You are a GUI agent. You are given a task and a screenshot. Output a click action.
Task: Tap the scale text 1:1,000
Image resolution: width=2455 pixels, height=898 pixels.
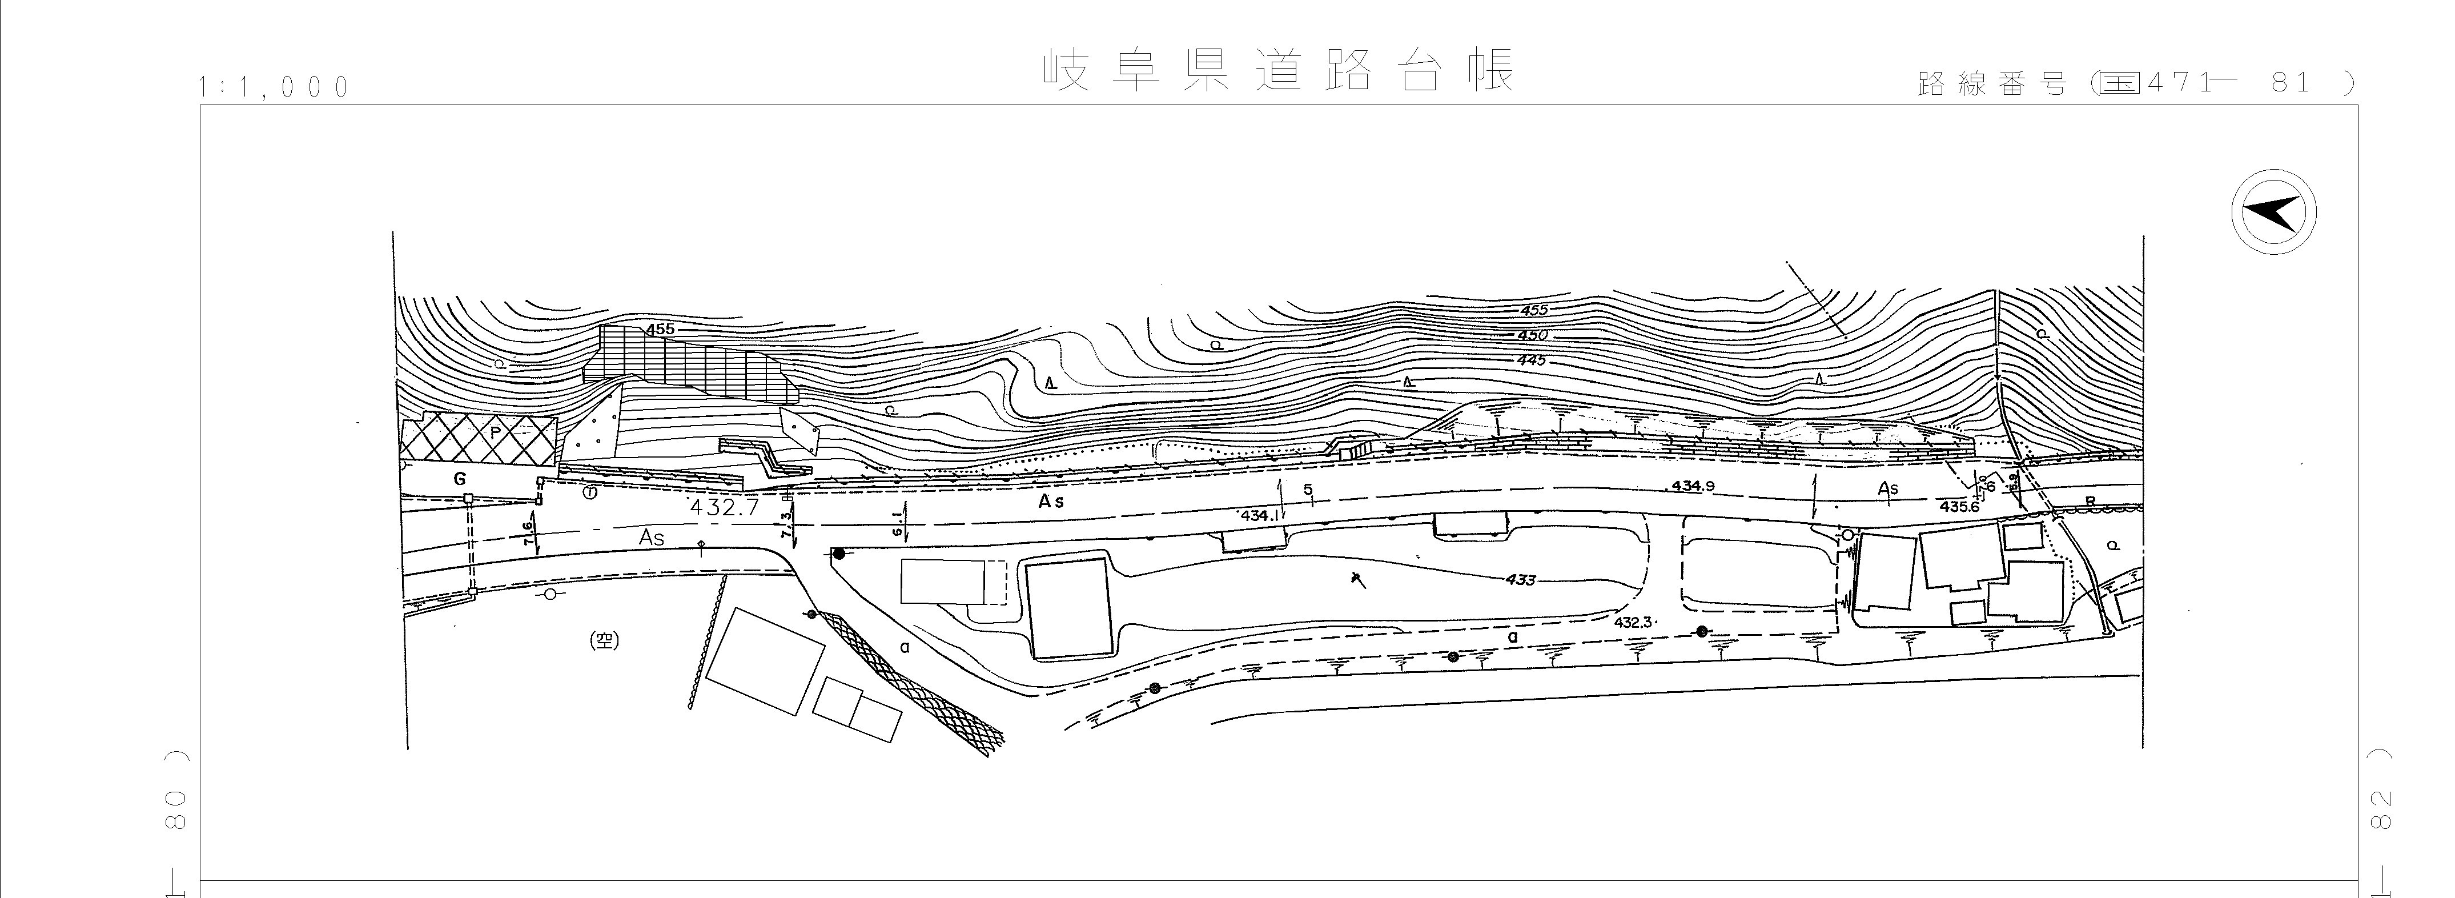click(x=275, y=88)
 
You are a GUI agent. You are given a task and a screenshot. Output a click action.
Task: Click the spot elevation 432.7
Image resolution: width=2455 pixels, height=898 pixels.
click(x=724, y=508)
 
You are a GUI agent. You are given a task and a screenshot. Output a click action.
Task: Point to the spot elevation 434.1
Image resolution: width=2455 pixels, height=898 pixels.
click(x=1261, y=516)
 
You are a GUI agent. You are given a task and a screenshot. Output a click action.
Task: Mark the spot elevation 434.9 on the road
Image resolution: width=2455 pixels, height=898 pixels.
click(x=1693, y=486)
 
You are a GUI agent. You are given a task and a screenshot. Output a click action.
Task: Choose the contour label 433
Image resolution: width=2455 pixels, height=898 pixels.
click(x=1521, y=580)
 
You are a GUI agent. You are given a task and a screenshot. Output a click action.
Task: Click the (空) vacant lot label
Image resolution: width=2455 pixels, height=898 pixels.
click(x=604, y=642)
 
